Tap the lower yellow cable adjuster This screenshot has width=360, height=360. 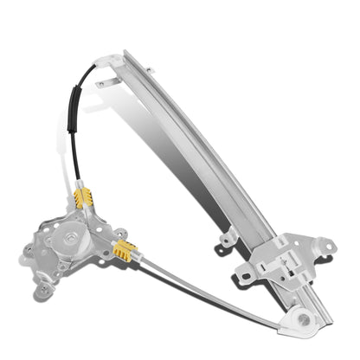[124, 252]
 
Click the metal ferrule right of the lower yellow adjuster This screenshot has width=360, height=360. [141, 258]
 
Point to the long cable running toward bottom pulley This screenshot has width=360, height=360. [216, 290]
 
